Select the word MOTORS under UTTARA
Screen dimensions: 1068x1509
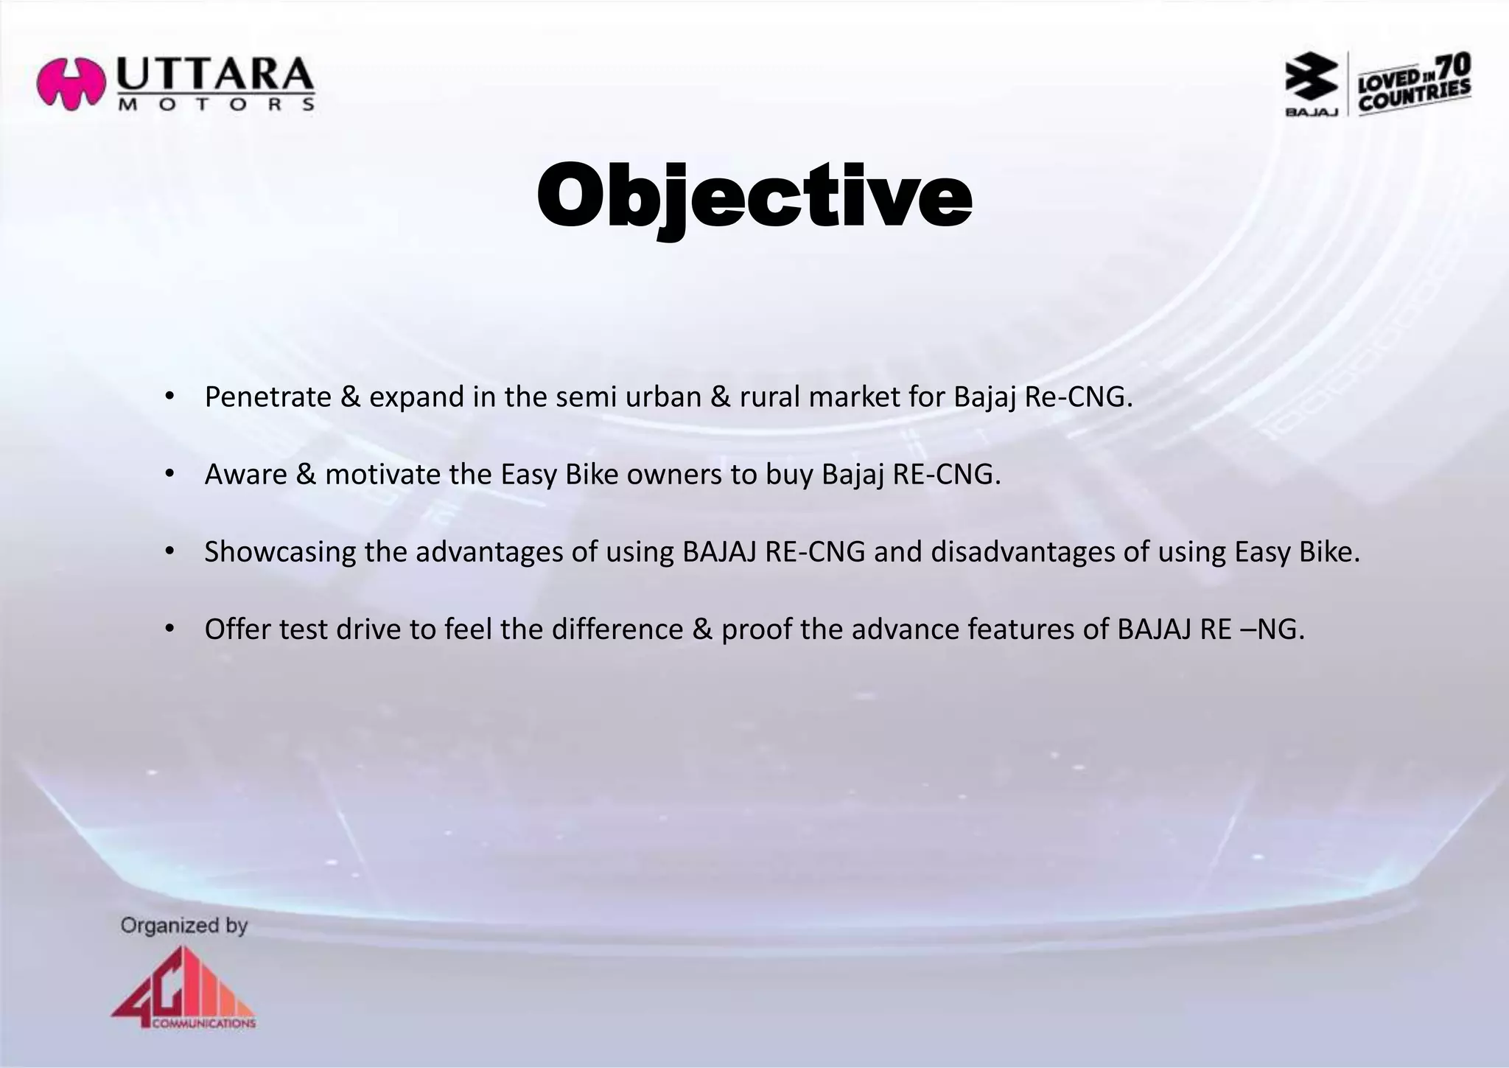coord(216,105)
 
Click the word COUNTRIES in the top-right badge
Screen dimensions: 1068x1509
coord(1414,97)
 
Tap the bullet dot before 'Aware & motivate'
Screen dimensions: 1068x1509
coord(169,474)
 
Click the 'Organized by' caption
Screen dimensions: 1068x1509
coord(184,926)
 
